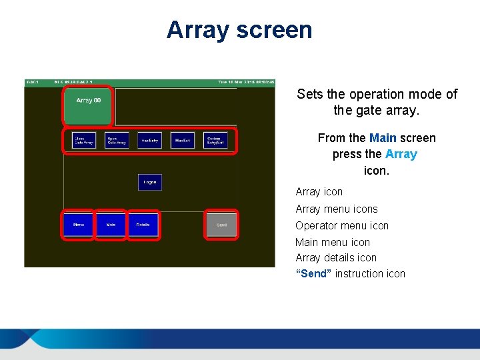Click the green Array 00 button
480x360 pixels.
pyautogui.click(x=88, y=105)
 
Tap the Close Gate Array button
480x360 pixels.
pyautogui.click(x=84, y=140)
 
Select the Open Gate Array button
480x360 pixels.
pyautogui.click(x=117, y=140)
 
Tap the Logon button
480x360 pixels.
pyautogui.click(x=150, y=182)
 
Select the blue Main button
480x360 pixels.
pyautogui.click(x=111, y=225)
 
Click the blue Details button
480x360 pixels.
pyautogui.click(x=143, y=225)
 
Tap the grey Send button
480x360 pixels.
pyautogui.click(x=221, y=225)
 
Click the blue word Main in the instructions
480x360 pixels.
pyautogui.click(x=383, y=138)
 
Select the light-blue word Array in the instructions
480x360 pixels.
pyautogui.click(x=401, y=154)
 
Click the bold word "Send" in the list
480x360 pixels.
pyautogui.click(x=313, y=274)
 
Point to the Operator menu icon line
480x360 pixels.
pyautogui.click(x=342, y=225)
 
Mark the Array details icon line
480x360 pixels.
pyautogui.click(x=336, y=258)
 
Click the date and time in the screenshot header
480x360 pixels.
pyautogui.click(x=246, y=83)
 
